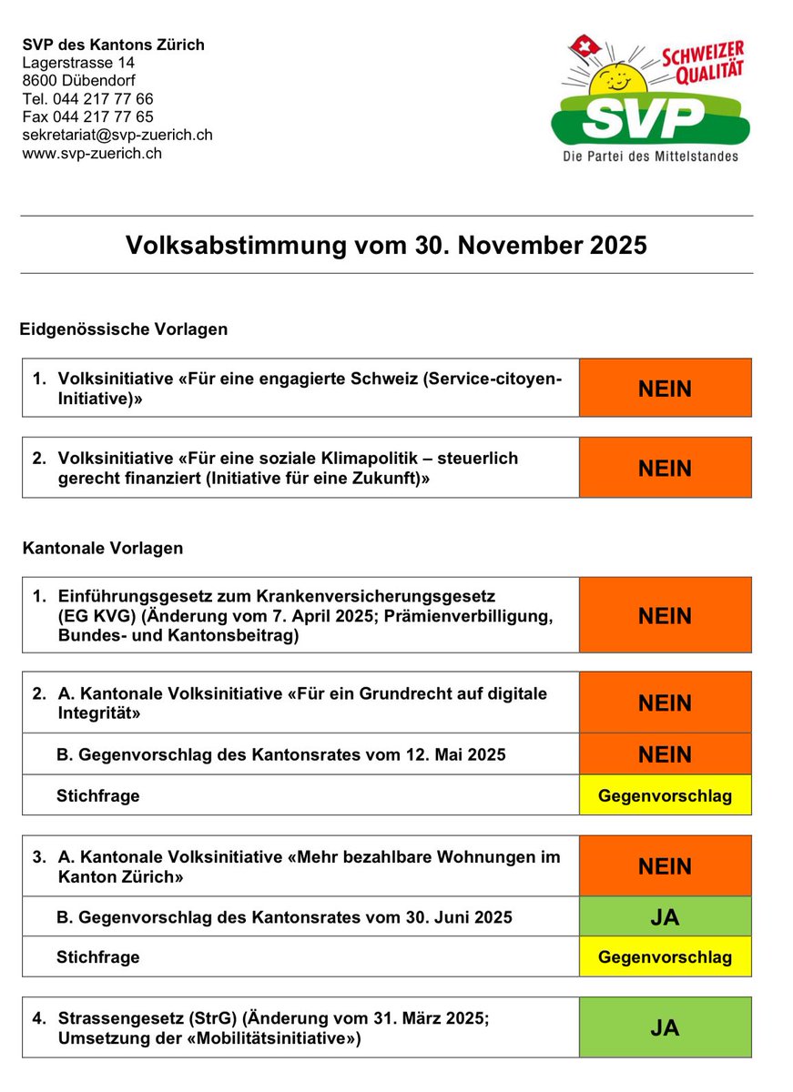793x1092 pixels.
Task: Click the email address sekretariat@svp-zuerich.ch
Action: point(117,135)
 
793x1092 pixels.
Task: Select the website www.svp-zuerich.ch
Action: point(92,153)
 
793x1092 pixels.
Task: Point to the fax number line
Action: point(87,116)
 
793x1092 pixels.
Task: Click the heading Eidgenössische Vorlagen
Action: point(124,329)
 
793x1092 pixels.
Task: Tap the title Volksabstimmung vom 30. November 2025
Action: point(386,245)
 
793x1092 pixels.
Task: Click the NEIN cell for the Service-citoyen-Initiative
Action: point(665,389)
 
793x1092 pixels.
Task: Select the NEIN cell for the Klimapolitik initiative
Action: point(665,468)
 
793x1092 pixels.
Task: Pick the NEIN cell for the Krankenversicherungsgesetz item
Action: point(665,615)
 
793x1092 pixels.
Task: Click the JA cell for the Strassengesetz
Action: point(665,1027)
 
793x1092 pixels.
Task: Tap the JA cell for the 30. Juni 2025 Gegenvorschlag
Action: point(665,917)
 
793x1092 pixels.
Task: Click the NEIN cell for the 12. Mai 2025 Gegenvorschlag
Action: point(665,754)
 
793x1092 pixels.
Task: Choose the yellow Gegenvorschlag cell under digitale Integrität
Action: point(665,795)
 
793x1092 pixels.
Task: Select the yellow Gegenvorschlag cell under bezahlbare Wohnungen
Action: point(665,957)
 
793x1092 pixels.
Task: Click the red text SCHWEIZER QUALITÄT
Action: point(703,59)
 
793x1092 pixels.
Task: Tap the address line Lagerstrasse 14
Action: point(78,63)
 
